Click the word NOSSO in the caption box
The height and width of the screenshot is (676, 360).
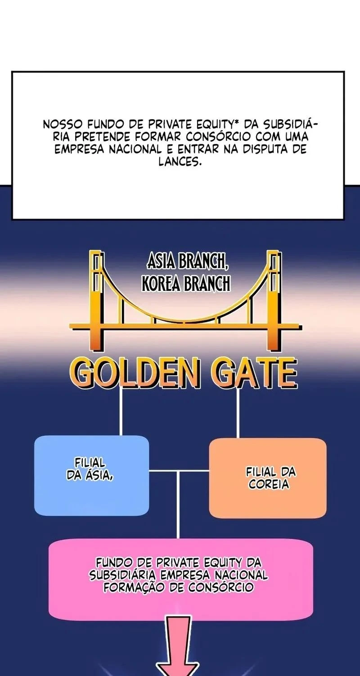63,124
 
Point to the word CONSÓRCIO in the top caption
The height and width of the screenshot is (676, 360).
218,137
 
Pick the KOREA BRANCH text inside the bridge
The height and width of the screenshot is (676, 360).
186,284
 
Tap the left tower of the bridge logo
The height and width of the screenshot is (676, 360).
97,301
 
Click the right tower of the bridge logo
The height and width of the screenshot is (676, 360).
274,301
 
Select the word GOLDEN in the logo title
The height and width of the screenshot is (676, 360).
135,372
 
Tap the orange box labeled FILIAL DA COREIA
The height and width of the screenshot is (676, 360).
268,478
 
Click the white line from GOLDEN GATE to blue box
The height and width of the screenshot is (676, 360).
121,411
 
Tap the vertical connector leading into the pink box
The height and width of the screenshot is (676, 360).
178,505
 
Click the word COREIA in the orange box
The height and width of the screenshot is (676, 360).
269,484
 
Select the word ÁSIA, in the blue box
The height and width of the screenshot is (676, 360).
99,475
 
